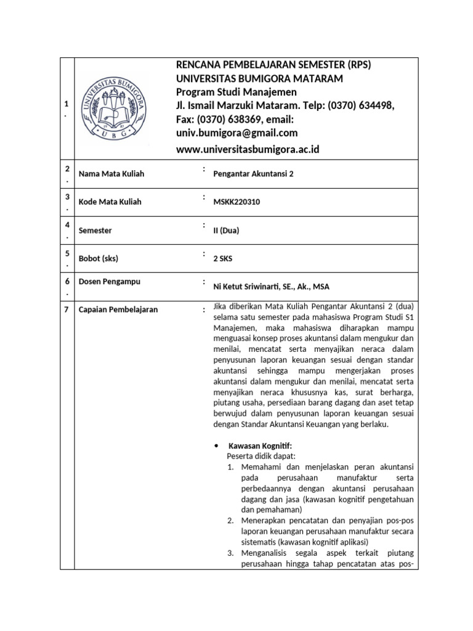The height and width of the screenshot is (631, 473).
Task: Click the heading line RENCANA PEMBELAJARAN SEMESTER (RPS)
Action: click(274, 65)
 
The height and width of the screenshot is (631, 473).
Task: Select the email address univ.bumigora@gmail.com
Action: click(237, 132)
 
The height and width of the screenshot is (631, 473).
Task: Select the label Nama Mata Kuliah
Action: click(111, 174)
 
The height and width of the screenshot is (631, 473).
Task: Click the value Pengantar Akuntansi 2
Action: click(253, 174)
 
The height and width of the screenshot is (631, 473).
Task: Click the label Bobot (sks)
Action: click(99, 259)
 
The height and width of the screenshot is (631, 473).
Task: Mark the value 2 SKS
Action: click(224, 259)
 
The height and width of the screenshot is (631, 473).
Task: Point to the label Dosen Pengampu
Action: click(110, 282)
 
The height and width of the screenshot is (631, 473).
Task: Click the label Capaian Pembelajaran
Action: click(118, 309)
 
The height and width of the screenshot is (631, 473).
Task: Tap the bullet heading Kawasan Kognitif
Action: click(261, 446)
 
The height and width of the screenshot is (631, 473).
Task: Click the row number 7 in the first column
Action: click(66, 309)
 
